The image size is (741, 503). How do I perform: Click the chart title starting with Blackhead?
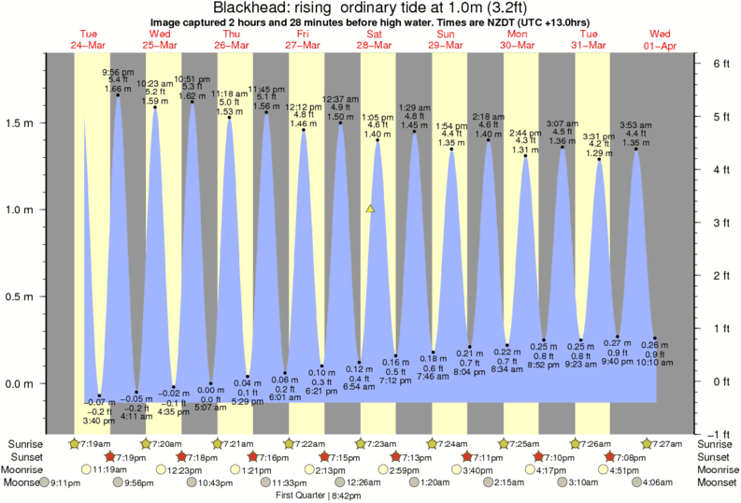pyautogui.click(x=370, y=8)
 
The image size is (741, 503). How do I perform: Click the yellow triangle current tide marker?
pyautogui.click(x=371, y=209)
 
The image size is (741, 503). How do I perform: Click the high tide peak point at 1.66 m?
pyautogui.click(x=118, y=95)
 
